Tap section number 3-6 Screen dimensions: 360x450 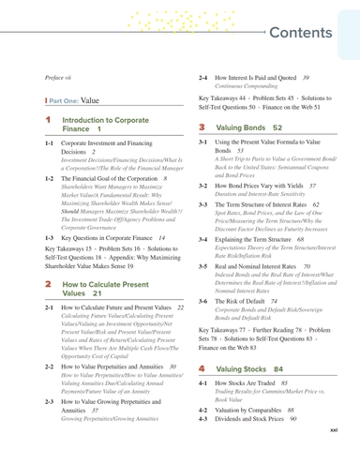206,302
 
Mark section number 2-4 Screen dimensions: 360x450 206,77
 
